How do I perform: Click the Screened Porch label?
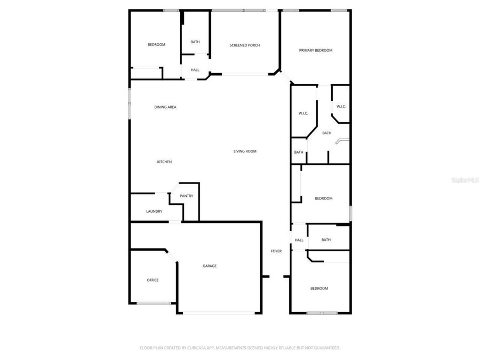(245, 45)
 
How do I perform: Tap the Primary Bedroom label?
(316, 50)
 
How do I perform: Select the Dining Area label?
(165, 107)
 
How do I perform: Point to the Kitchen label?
(164, 162)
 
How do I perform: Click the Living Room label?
(245, 151)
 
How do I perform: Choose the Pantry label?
(186, 196)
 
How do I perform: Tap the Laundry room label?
(154, 211)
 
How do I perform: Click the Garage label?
(209, 266)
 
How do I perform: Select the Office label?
(153, 280)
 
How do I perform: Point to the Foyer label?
(276, 251)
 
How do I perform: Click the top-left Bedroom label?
(156, 44)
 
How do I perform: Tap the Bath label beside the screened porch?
(195, 42)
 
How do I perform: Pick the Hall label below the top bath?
(195, 70)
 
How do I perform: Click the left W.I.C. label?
(303, 113)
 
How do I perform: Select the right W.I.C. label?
(340, 106)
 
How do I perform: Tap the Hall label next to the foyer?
(299, 240)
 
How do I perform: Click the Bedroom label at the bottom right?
(319, 288)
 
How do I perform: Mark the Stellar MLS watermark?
(465, 181)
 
